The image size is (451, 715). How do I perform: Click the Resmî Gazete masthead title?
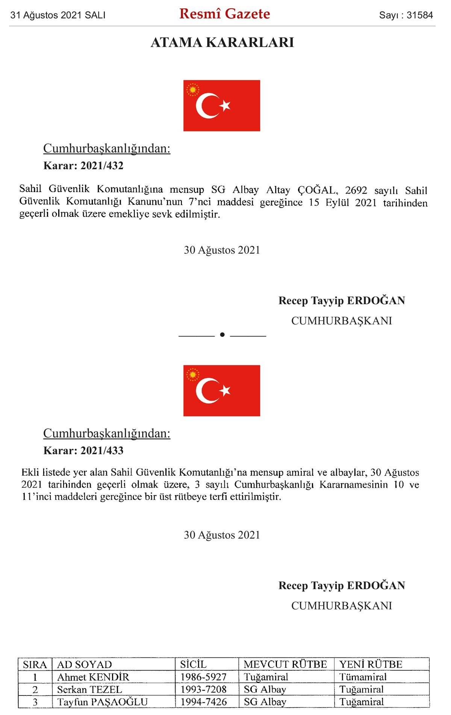pos(224,14)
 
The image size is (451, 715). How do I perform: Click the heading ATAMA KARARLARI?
pos(222,42)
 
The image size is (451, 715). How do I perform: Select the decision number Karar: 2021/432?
pos(83,166)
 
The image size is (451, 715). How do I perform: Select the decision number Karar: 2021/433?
pos(83,450)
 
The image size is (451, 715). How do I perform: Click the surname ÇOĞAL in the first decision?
pos(317,190)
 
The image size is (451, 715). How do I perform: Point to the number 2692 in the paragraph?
pos(356,190)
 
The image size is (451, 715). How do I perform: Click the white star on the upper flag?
pos(225,106)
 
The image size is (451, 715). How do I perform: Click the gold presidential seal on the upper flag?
pos(193,89)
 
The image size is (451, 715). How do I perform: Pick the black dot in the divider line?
pos(222,335)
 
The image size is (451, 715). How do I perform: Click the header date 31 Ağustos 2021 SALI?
pos(58,15)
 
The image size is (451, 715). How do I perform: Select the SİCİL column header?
pos(193,664)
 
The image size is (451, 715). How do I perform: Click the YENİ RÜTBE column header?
pos(371,664)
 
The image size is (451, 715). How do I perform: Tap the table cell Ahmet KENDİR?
pos(93,677)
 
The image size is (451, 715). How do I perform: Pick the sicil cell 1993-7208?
pos(203,689)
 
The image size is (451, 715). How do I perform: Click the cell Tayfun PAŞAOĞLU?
pos(102,702)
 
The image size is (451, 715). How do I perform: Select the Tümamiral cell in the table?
pos(363,677)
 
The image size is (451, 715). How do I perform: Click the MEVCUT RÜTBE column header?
pos(285,664)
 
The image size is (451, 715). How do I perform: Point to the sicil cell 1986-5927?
pos(203,677)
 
